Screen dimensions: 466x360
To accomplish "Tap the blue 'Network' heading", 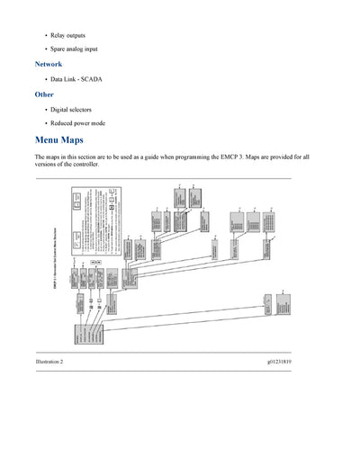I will [x=49, y=65].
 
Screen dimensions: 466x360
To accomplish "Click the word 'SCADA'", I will [x=91, y=79].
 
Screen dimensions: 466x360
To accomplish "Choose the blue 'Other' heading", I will [x=44, y=94].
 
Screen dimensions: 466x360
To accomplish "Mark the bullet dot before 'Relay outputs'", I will [x=46, y=35].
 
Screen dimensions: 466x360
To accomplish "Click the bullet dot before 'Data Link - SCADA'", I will [x=46, y=79].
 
